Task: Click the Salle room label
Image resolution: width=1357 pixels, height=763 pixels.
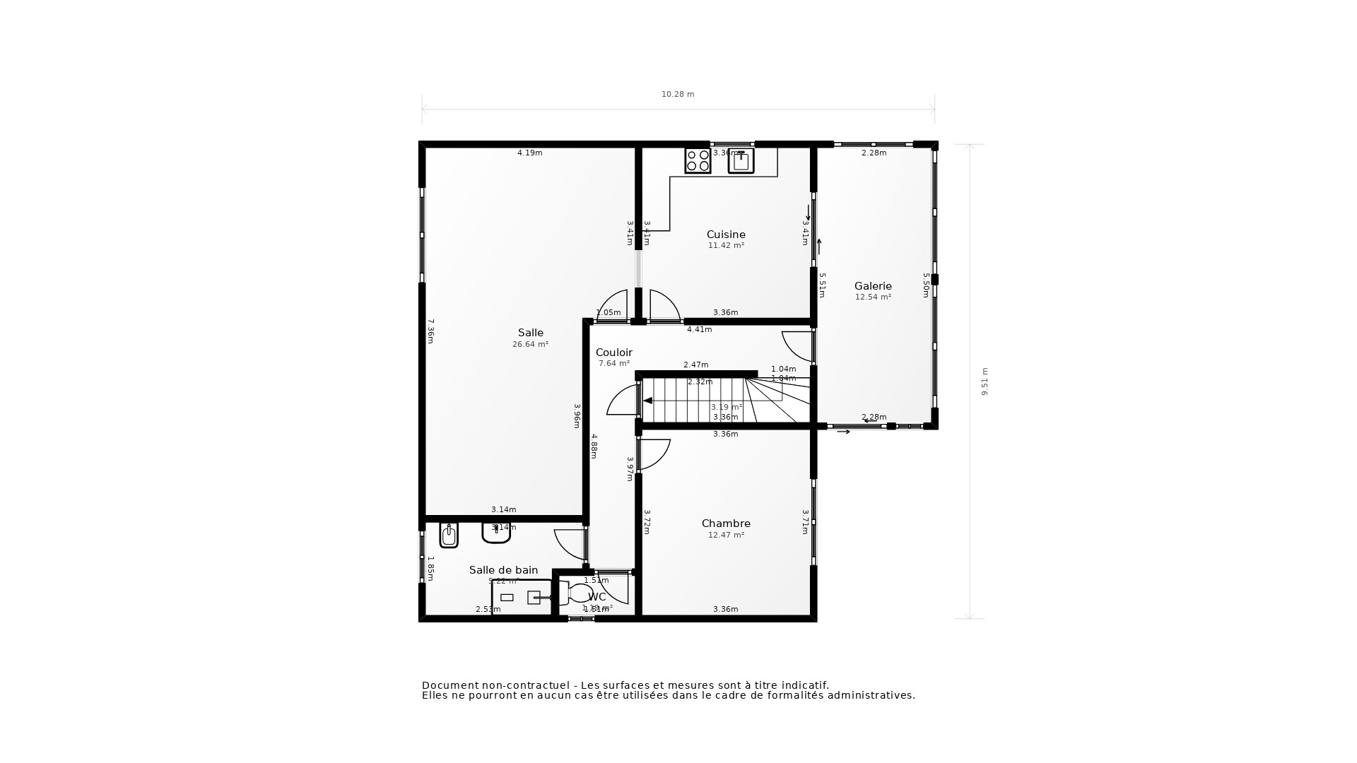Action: tap(530, 333)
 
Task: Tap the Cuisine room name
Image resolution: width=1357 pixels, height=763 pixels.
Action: tap(726, 235)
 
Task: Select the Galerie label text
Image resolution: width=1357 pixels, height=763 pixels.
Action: tap(873, 286)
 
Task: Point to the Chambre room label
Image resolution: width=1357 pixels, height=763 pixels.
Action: tap(726, 524)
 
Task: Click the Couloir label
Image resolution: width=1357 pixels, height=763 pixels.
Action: tap(613, 353)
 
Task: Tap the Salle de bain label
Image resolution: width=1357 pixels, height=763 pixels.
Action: tap(503, 570)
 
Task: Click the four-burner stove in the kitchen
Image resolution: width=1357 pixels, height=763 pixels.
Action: tap(698, 160)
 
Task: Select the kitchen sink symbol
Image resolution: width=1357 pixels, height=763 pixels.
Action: tap(741, 161)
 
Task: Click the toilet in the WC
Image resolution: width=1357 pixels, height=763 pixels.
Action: tap(580, 593)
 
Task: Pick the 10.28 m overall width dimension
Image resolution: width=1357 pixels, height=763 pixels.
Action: tap(678, 95)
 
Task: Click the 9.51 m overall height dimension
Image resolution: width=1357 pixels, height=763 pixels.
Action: tap(985, 381)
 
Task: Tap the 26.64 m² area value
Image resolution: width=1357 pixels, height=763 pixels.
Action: tap(530, 345)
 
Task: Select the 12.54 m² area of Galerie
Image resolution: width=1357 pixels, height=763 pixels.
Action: tap(873, 297)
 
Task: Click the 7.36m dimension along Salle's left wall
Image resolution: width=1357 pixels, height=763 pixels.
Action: tap(430, 331)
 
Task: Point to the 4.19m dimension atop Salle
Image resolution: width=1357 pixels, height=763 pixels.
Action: tap(529, 153)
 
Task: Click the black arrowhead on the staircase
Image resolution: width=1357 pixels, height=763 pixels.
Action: tap(647, 401)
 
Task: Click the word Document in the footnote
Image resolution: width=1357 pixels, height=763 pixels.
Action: tap(450, 685)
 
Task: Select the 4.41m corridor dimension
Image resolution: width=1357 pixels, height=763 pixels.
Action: tap(699, 329)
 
